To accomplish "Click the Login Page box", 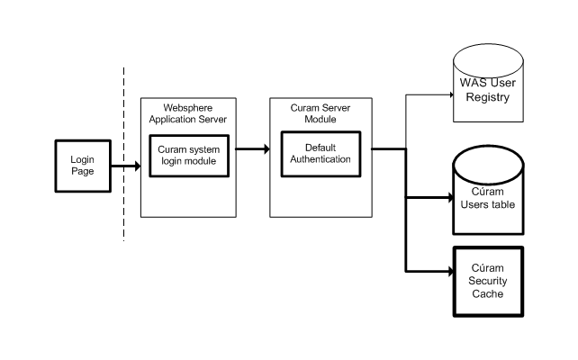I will tap(83, 165).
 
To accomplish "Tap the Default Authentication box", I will tap(320, 154).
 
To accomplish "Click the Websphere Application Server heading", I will tap(187, 112).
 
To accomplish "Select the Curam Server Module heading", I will tap(321, 112).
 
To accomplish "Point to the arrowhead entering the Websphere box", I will tap(138, 166).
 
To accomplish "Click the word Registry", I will tap(488, 98).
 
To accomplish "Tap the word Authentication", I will tap(320, 160).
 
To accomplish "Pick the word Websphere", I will tap(187, 106).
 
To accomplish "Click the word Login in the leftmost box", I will tap(83, 158).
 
